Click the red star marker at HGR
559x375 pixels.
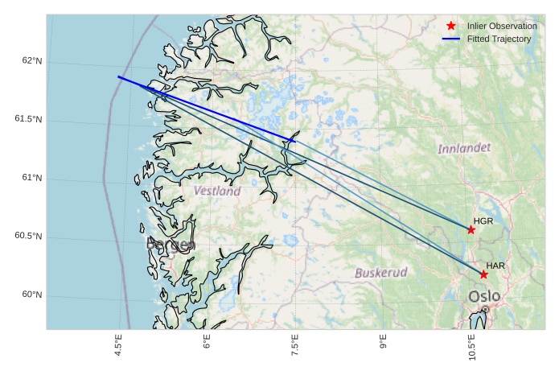[471, 230]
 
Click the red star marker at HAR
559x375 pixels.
[484, 274]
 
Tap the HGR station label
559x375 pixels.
[483, 220]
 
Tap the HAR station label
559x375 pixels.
[495, 265]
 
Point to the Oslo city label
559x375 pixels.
[484, 296]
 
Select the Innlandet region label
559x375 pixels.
[464, 149]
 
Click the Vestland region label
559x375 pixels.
[217, 192]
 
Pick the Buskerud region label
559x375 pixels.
[381, 272]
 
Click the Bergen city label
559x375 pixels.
[170, 245]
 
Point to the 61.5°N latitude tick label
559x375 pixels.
[28, 120]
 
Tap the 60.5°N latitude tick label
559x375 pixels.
[28, 237]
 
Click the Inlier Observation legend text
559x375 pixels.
[502, 26]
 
